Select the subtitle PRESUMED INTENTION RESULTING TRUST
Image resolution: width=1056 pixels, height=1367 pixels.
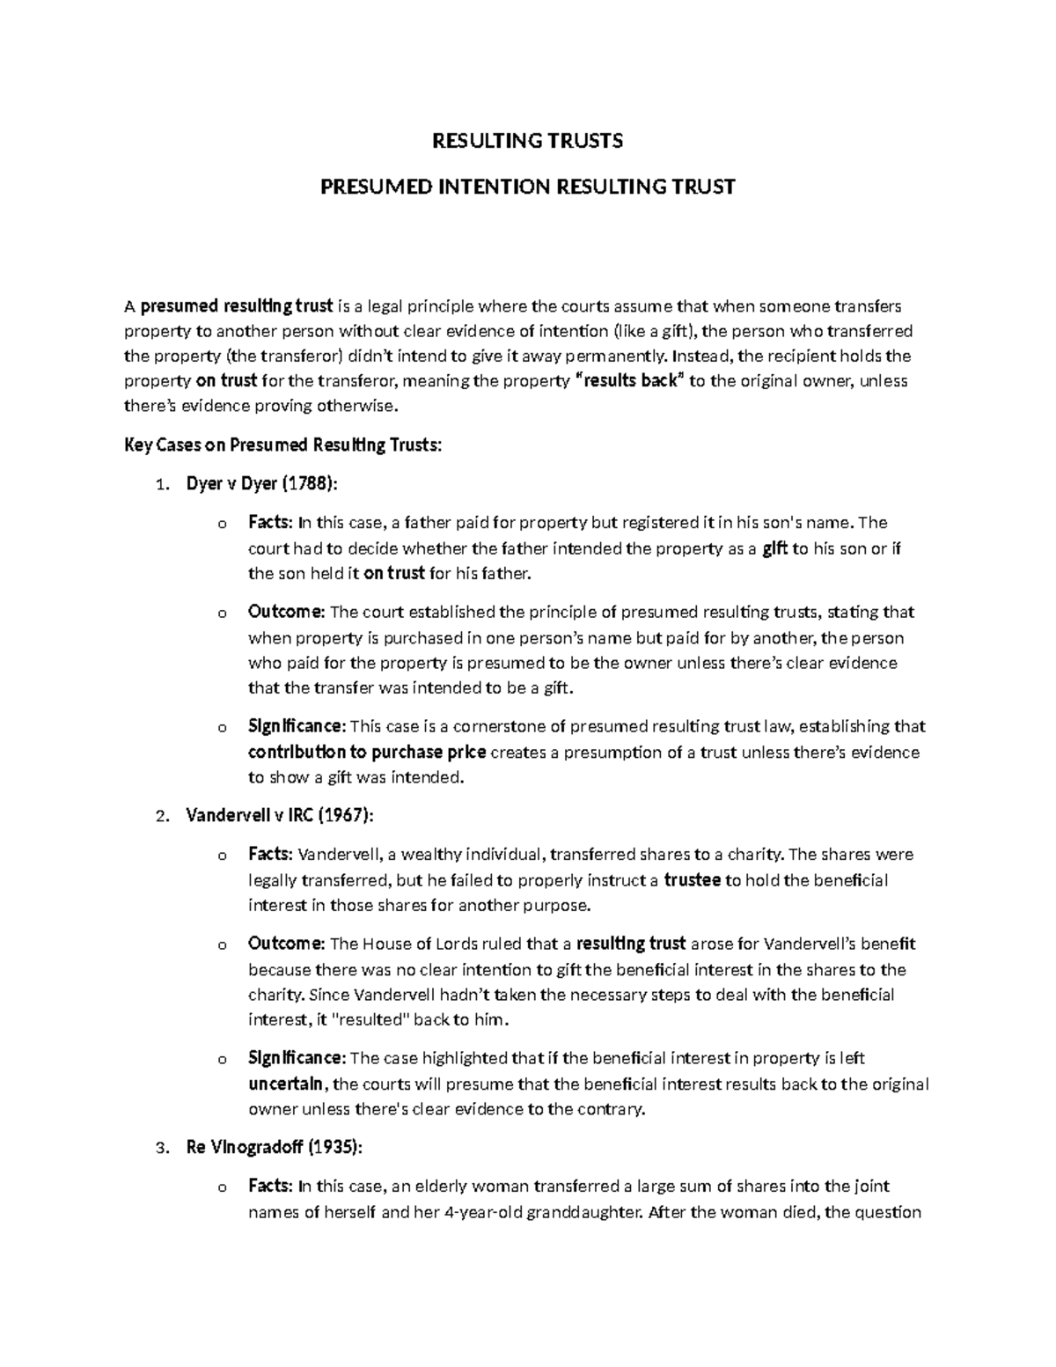coord(526,187)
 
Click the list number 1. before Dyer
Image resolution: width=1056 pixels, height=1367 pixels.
coord(160,484)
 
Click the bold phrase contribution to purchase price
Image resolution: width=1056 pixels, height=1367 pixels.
coord(366,753)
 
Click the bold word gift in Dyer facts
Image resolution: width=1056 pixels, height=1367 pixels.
coord(774,548)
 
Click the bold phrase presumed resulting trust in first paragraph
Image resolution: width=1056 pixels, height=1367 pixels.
coord(237,305)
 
